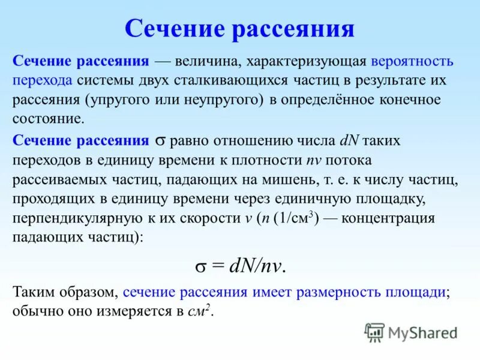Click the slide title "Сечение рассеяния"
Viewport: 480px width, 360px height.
click(x=239, y=28)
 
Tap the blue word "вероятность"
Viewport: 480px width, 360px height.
click(x=412, y=62)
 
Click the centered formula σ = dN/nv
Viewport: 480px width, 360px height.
click(x=239, y=265)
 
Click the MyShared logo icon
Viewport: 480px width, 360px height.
click(x=374, y=332)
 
